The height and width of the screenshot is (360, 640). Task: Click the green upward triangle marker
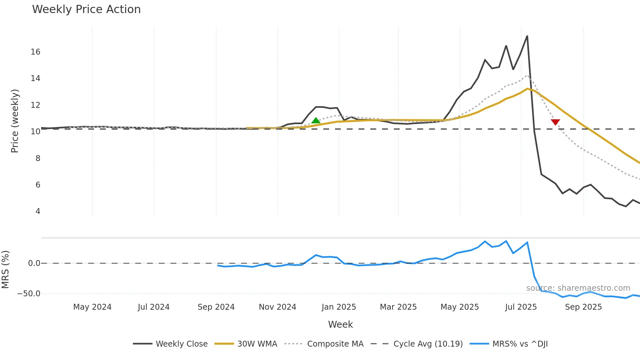(x=316, y=121)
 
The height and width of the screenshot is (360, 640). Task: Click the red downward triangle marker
(x=555, y=122)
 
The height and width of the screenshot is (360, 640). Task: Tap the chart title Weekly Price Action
(x=86, y=9)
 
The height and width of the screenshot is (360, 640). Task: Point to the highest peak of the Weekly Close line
(x=527, y=36)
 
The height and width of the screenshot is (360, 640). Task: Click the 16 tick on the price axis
(x=36, y=52)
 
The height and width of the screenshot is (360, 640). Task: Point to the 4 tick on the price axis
(x=38, y=211)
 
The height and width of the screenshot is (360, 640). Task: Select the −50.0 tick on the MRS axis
(x=29, y=293)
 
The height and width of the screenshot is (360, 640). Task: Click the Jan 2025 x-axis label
(x=339, y=307)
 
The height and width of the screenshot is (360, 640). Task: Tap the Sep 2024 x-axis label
(x=216, y=307)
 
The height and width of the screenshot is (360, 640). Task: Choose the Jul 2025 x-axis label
(x=521, y=307)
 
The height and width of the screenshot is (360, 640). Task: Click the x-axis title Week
(x=340, y=324)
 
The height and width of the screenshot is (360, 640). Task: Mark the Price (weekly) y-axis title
(x=15, y=121)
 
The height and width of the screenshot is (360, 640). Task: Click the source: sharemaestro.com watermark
(x=578, y=288)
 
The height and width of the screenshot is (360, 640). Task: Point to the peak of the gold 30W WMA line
(x=527, y=89)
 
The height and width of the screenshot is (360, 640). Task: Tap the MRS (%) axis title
(x=5, y=270)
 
